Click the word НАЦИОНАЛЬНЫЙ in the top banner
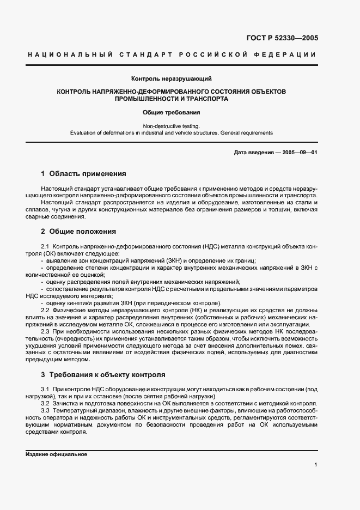69,55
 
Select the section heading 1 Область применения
83,174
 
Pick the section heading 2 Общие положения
78,231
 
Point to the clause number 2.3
45,331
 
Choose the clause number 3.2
45,404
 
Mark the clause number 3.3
45,411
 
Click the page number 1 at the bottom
315,465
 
